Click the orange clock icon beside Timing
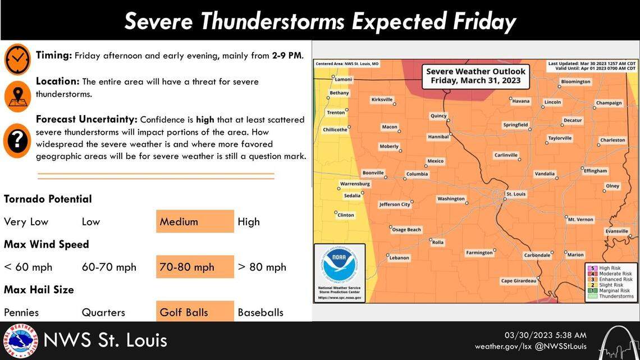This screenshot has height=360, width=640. tap(17, 59)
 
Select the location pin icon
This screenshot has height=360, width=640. tap(17, 96)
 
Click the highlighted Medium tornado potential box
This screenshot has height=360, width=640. tap(195, 221)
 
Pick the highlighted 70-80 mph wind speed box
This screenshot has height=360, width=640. tap(195, 267)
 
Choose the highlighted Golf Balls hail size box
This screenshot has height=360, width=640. tap(195, 312)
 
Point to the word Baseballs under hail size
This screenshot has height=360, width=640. tap(260, 312)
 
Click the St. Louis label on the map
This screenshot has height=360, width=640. tap(515, 194)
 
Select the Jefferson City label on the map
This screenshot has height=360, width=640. tap(395, 204)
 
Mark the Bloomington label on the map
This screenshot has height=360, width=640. tap(575, 82)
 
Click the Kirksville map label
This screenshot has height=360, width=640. tap(382, 99)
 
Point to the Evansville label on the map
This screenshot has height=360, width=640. tap(616, 231)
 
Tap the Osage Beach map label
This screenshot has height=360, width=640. tap(406, 230)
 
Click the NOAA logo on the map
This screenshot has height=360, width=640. tap(339, 264)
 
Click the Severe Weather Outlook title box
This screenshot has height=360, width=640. tap(476, 76)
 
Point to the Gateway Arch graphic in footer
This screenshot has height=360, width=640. tap(618, 343)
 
